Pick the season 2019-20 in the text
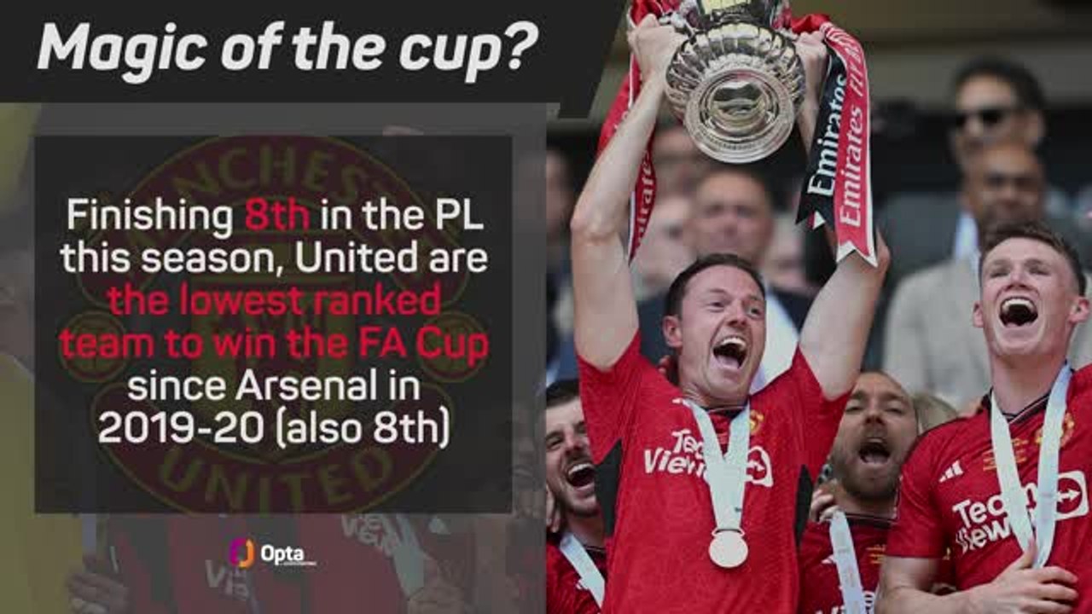pyautogui.click(x=180, y=428)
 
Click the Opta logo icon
pyautogui.click(x=241, y=553)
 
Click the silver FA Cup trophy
pyautogui.click(x=734, y=85)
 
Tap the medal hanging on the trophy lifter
pyautogui.click(x=728, y=547)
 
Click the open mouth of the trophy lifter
pyautogui.click(x=730, y=351)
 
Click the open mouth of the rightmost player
pyautogui.click(x=1019, y=311)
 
